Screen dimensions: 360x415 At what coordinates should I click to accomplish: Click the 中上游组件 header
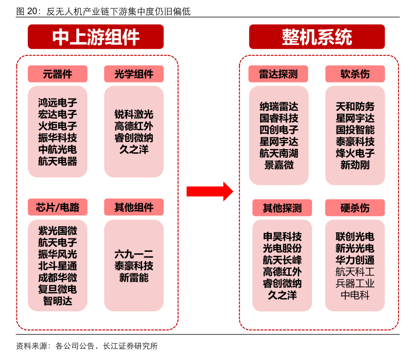[96, 37]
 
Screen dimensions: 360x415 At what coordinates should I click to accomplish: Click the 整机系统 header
[317, 37]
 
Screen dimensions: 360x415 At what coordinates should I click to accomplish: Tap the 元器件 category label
[57, 74]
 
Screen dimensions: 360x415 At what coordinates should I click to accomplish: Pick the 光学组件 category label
[134, 74]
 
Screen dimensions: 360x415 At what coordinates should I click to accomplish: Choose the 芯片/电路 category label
[57, 207]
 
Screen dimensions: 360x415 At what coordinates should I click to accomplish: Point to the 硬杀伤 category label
[354, 208]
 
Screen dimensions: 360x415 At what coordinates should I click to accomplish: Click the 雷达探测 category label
[279, 74]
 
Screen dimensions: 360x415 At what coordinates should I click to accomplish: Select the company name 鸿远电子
[57, 103]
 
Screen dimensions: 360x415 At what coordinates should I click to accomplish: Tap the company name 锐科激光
[134, 114]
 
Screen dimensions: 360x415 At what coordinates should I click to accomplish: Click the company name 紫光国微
[57, 231]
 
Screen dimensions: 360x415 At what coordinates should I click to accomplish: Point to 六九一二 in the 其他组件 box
[134, 254]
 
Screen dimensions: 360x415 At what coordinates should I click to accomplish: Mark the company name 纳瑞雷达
[279, 107]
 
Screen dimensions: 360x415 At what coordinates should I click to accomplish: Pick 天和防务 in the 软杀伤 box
[355, 107]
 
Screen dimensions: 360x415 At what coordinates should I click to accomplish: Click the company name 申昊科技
[282, 237]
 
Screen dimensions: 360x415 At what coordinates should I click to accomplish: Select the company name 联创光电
[355, 237]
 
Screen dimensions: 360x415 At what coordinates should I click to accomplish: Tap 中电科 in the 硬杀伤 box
[355, 295]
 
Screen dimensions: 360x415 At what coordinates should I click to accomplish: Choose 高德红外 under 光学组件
[134, 126]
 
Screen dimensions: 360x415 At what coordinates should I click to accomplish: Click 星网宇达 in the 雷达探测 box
[279, 142]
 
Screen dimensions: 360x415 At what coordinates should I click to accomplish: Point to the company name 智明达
[57, 301]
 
